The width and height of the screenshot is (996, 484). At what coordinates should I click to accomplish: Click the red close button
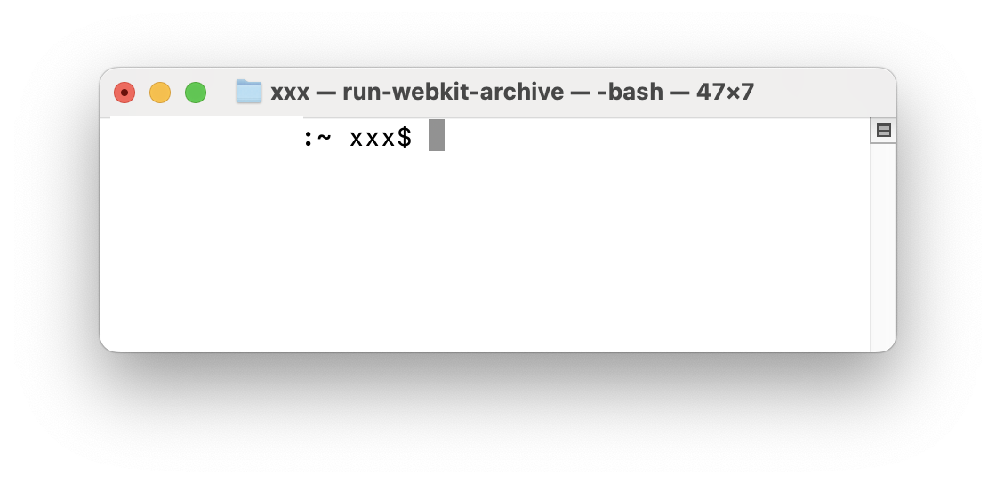(124, 93)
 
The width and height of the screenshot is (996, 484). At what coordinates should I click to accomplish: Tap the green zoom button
(196, 93)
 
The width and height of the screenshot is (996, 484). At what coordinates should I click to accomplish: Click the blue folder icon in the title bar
(249, 92)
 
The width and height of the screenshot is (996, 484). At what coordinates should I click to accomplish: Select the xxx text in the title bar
(290, 92)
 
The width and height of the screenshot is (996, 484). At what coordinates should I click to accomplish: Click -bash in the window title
(630, 92)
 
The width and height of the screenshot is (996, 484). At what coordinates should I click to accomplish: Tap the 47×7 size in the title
(725, 92)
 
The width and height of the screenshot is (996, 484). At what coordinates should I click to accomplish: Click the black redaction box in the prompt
(205, 137)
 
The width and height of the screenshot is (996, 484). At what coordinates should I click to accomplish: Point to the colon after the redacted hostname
(309, 139)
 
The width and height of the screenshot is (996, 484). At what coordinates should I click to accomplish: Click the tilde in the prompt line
(324, 139)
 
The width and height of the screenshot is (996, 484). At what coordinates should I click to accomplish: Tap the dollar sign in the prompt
(405, 139)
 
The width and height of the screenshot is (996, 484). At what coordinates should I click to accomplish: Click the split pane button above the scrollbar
(883, 131)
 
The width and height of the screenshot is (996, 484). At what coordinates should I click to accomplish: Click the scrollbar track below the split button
(883, 240)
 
